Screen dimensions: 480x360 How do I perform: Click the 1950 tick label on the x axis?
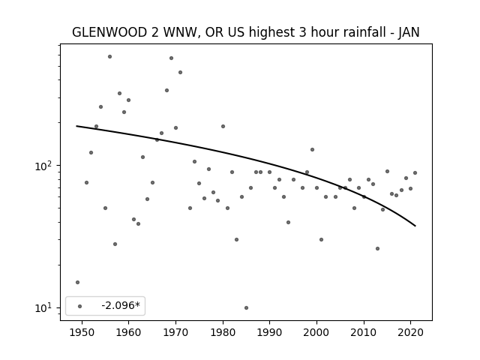pyautogui.click(x=82, y=332)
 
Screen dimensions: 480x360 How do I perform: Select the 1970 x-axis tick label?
pyautogui.click(x=175, y=332)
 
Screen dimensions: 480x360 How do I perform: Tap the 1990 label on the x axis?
pyautogui.click(x=270, y=332)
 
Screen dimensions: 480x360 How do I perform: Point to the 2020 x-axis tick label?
pyautogui.click(x=411, y=332)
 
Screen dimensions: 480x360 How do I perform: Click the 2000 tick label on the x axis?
pyautogui.click(x=316, y=332)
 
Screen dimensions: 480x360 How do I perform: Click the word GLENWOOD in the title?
pyautogui.click(x=109, y=32)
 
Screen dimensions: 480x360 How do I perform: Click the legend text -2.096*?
pyautogui.click(x=121, y=305)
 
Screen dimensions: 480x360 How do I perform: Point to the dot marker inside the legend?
pyautogui.click(x=80, y=306)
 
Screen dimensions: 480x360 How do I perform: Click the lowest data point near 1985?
pyautogui.click(x=247, y=308)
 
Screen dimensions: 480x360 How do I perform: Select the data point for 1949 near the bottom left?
pyautogui.click(x=77, y=282)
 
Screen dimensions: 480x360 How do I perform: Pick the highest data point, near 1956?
pyautogui.click(x=110, y=57)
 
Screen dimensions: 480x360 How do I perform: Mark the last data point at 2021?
pyautogui.click(x=415, y=173)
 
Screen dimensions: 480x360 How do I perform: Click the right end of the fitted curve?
pyautogui.click(x=415, y=226)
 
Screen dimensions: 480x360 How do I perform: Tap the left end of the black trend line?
pyautogui.click(x=76, y=126)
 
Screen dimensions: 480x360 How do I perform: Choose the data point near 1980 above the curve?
pyautogui.click(x=223, y=127)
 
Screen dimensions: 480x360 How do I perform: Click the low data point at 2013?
pyautogui.click(x=377, y=248)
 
